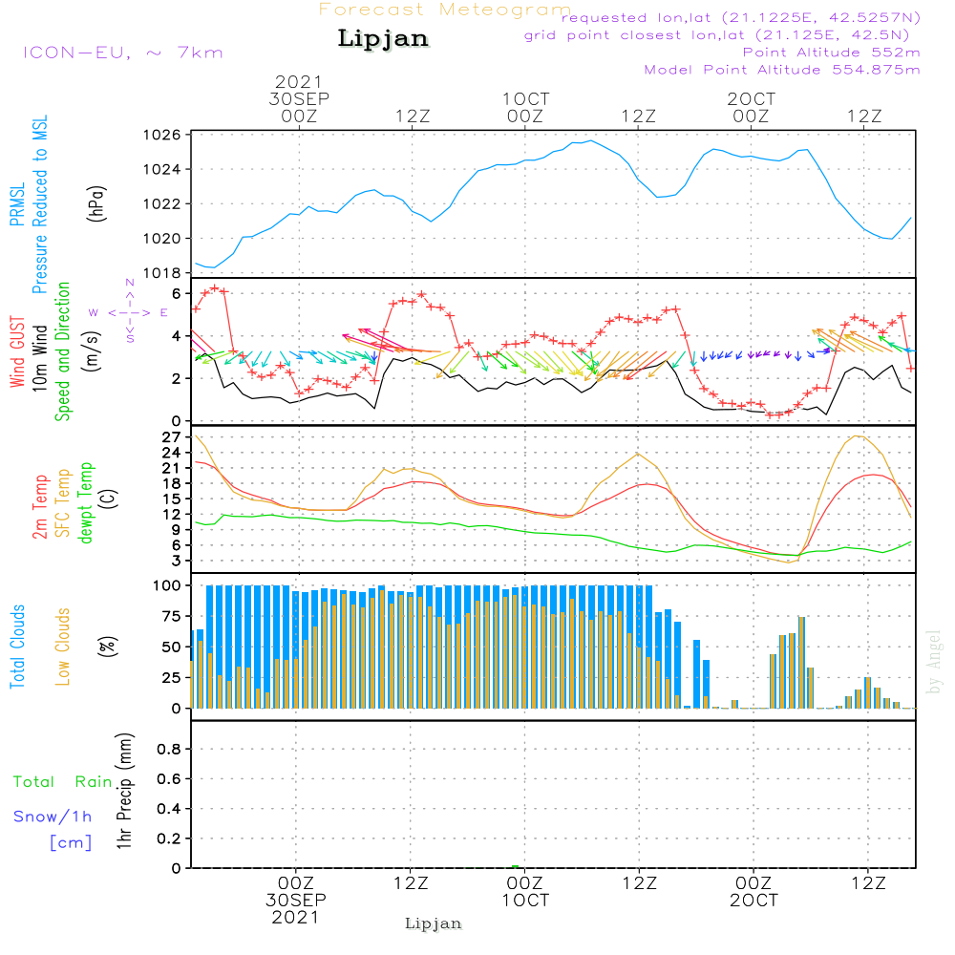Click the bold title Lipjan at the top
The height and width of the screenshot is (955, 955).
tap(383, 39)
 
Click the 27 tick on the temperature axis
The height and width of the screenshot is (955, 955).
tap(173, 437)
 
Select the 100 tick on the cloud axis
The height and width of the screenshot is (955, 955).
tap(168, 585)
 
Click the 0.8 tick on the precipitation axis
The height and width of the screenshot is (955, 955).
tap(168, 750)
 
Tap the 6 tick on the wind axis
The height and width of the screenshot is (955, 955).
tap(177, 293)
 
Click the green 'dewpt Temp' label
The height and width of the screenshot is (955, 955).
tap(86, 503)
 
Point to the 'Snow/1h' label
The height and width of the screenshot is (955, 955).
tap(53, 817)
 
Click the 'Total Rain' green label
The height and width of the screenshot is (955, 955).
tap(63, 781)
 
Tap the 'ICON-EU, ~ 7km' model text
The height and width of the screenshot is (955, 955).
tap(122, 52)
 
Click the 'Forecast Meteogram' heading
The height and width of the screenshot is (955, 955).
tap(445, 10)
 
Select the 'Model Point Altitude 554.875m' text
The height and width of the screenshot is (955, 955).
tap(782, 70)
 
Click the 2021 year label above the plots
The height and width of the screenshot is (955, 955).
tap(299, 82)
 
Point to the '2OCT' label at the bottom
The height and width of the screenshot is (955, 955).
tap(753, 901)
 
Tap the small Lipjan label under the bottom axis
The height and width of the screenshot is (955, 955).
tap(434, 923)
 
